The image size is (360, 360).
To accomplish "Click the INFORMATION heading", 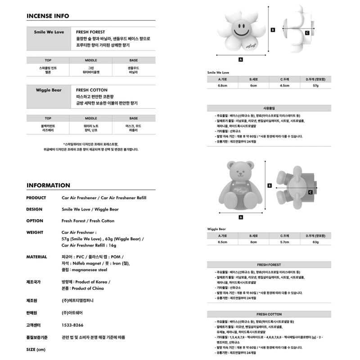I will coord(48,185).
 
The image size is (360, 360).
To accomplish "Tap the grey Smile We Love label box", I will coord(49,38).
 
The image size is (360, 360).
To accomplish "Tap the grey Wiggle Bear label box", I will coord(49,96).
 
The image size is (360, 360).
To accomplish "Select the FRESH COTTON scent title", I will coord(91,90).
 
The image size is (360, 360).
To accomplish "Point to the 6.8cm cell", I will coord(222,85).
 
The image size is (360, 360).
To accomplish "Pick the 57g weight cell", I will coord(315,85).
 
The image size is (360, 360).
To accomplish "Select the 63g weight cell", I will coord(315,242).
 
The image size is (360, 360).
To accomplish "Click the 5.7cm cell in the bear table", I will coord(284,242).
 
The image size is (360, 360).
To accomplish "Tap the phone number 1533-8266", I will coord(72,325).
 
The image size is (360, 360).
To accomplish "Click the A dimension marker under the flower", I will coord(241,59).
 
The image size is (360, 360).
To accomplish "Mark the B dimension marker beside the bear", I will coord(269,185).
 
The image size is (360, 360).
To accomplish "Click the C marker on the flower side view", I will coord(307,33).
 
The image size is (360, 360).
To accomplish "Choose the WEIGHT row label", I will coord(35,233).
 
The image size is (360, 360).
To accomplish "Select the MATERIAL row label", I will coord(36,257).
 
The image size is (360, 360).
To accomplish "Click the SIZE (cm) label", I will coord(36,350).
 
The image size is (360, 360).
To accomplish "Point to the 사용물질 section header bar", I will coord(269,108).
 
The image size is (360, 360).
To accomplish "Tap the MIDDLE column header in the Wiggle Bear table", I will coord(91,118).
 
